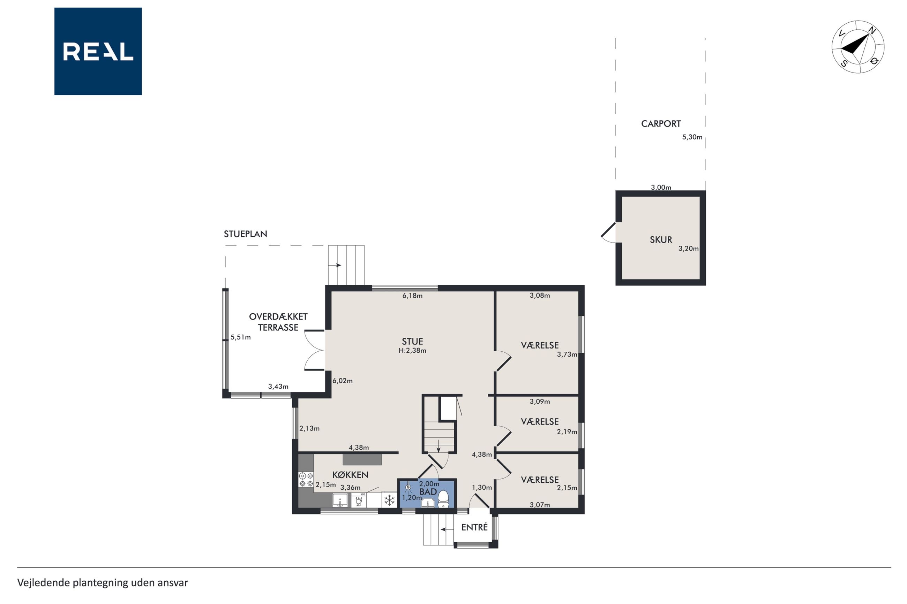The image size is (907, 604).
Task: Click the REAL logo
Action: (x=98, y=51)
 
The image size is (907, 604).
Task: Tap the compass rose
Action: (x=858, y=47)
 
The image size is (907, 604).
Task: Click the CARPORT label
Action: (x=661, y=124)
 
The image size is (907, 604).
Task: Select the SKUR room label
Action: (x=661, y=239)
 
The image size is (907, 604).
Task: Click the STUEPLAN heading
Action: (x=245, y=234)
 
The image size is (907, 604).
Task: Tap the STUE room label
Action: (x=412, y=341)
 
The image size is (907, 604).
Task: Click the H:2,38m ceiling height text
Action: (x=412, y=351)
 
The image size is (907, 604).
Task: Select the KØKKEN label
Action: (x=350, y=475)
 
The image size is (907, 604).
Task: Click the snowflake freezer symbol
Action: (x=389, y=500)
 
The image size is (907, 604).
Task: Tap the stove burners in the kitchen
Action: (x=306, y=479)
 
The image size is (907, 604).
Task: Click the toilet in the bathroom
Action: (x=443, y=499)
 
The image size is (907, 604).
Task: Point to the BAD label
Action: (x=428, y=492)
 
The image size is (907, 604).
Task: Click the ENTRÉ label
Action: (x=474, y=527)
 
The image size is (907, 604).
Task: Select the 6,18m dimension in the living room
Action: (x=412, y=296)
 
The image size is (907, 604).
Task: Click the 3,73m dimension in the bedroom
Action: (x=567, y=354)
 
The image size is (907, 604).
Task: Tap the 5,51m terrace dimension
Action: (x=241, y=337)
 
